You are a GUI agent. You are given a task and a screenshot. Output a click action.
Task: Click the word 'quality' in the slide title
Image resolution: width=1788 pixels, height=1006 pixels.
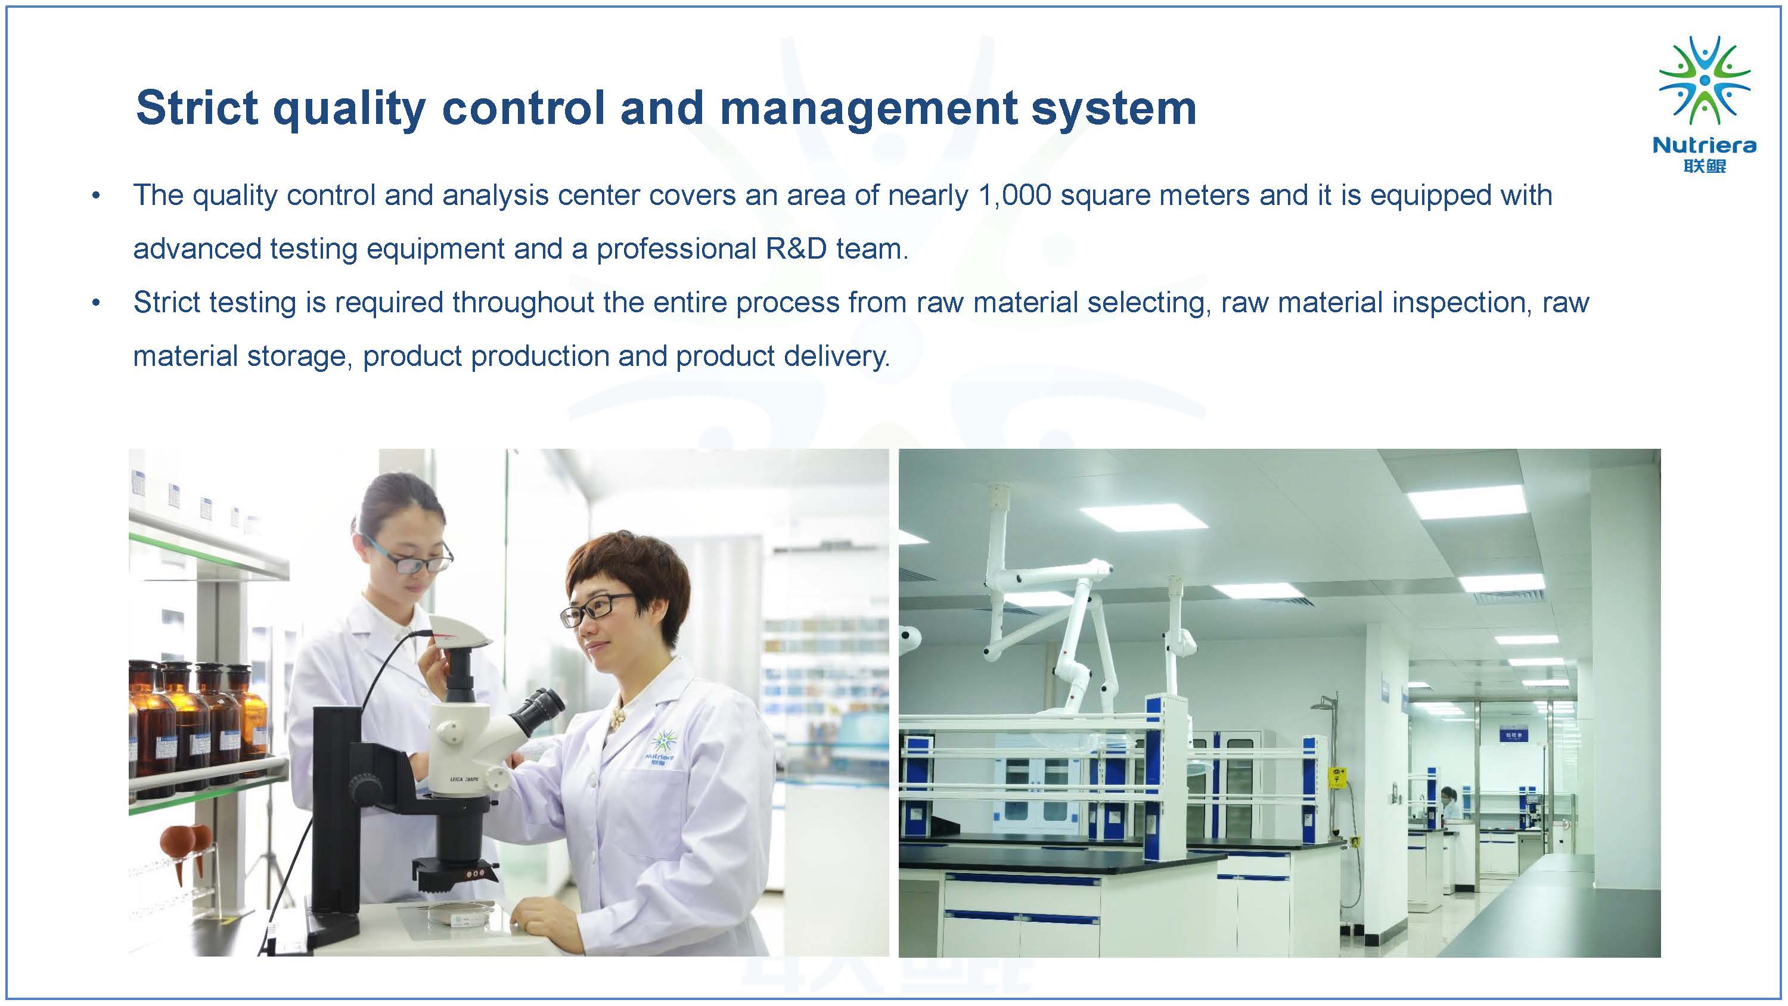tap(349, 110)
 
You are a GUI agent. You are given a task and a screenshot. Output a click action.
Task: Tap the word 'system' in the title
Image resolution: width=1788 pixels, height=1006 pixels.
tap(1113, 110)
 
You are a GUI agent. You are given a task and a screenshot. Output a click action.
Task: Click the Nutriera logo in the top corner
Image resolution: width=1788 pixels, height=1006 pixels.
tap(1704, 104)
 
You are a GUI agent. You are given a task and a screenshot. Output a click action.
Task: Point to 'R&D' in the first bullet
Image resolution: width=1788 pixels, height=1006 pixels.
tap(797, 249)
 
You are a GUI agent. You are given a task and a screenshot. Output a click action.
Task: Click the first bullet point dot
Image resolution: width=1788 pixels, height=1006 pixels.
tap(96, 197)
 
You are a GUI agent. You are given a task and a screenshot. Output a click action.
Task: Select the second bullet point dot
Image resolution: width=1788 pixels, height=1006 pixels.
tap(96, 303)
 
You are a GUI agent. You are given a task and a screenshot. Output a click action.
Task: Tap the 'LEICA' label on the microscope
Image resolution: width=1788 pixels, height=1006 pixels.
tap(456, 779)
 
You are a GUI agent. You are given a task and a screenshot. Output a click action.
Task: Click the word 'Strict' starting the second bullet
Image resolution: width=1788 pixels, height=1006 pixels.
tap(167, 303)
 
